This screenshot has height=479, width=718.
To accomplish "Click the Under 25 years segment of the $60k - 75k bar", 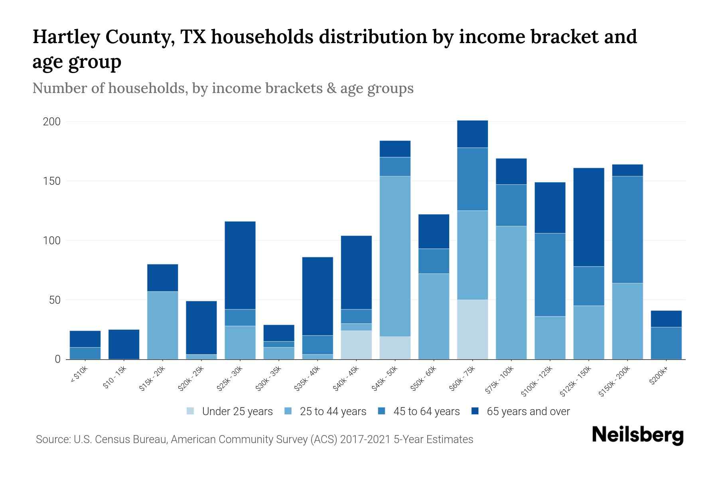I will pyautogui.click(x=472, y=329).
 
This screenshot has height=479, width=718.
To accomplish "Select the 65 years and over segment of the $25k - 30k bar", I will pyautogui.click(x=240, y=265).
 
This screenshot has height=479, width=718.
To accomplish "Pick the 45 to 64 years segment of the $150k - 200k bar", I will pyautogui.click(x=627, y=230).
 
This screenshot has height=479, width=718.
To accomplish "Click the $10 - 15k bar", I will pyautogui.click(x=124, y=344).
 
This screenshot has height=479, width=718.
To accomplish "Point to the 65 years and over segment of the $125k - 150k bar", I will pyautogui.click(x=589, y=217).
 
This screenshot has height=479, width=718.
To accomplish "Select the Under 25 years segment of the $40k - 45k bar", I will pyautogui.click(x=356, y=345).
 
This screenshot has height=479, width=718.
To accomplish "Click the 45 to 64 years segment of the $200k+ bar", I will pyautogui.click(x=666, y=343).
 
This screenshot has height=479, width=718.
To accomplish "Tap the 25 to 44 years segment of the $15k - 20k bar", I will pyautogui.click(x=163, y=325).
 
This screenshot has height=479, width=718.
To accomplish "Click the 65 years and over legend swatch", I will pyautogui.click(x=475, y=411).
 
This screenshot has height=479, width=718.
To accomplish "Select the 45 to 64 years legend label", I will pyautogui.click(x=426, y=412).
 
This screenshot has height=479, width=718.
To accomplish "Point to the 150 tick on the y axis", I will pyautogui.click(x=51, y=181).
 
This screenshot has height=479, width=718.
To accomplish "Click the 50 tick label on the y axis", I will pyautogui.click(x=55, y=300).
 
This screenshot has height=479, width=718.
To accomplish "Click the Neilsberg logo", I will pyautogui.click(x=637, y=435).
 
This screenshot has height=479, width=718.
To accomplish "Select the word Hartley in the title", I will pyautogui.click(x=66, y=37).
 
